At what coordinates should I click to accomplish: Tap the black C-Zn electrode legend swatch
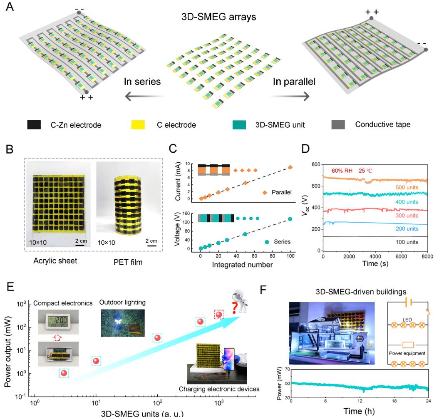pos(34,124)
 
